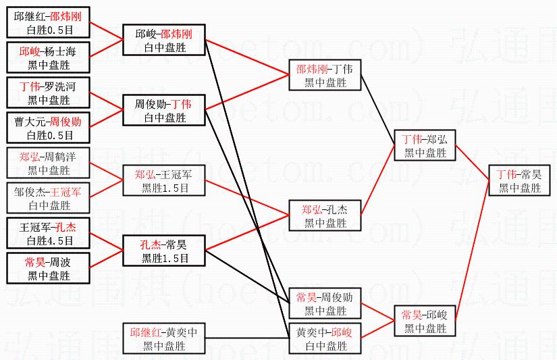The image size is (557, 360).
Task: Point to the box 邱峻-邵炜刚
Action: [x=164, y=40]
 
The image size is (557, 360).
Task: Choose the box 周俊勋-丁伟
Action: [x=164, y=110]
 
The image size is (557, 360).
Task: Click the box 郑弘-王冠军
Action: [x=164, y=181]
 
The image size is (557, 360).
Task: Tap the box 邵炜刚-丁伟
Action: [x=325, y=75]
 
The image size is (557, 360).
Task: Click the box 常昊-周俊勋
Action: [x=325, y=304]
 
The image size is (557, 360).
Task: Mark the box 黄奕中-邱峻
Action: [x=325, y=339]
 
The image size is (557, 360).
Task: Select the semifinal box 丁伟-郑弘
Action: [x=425, y=145]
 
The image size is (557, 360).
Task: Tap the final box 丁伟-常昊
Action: [x=519, y=181]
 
